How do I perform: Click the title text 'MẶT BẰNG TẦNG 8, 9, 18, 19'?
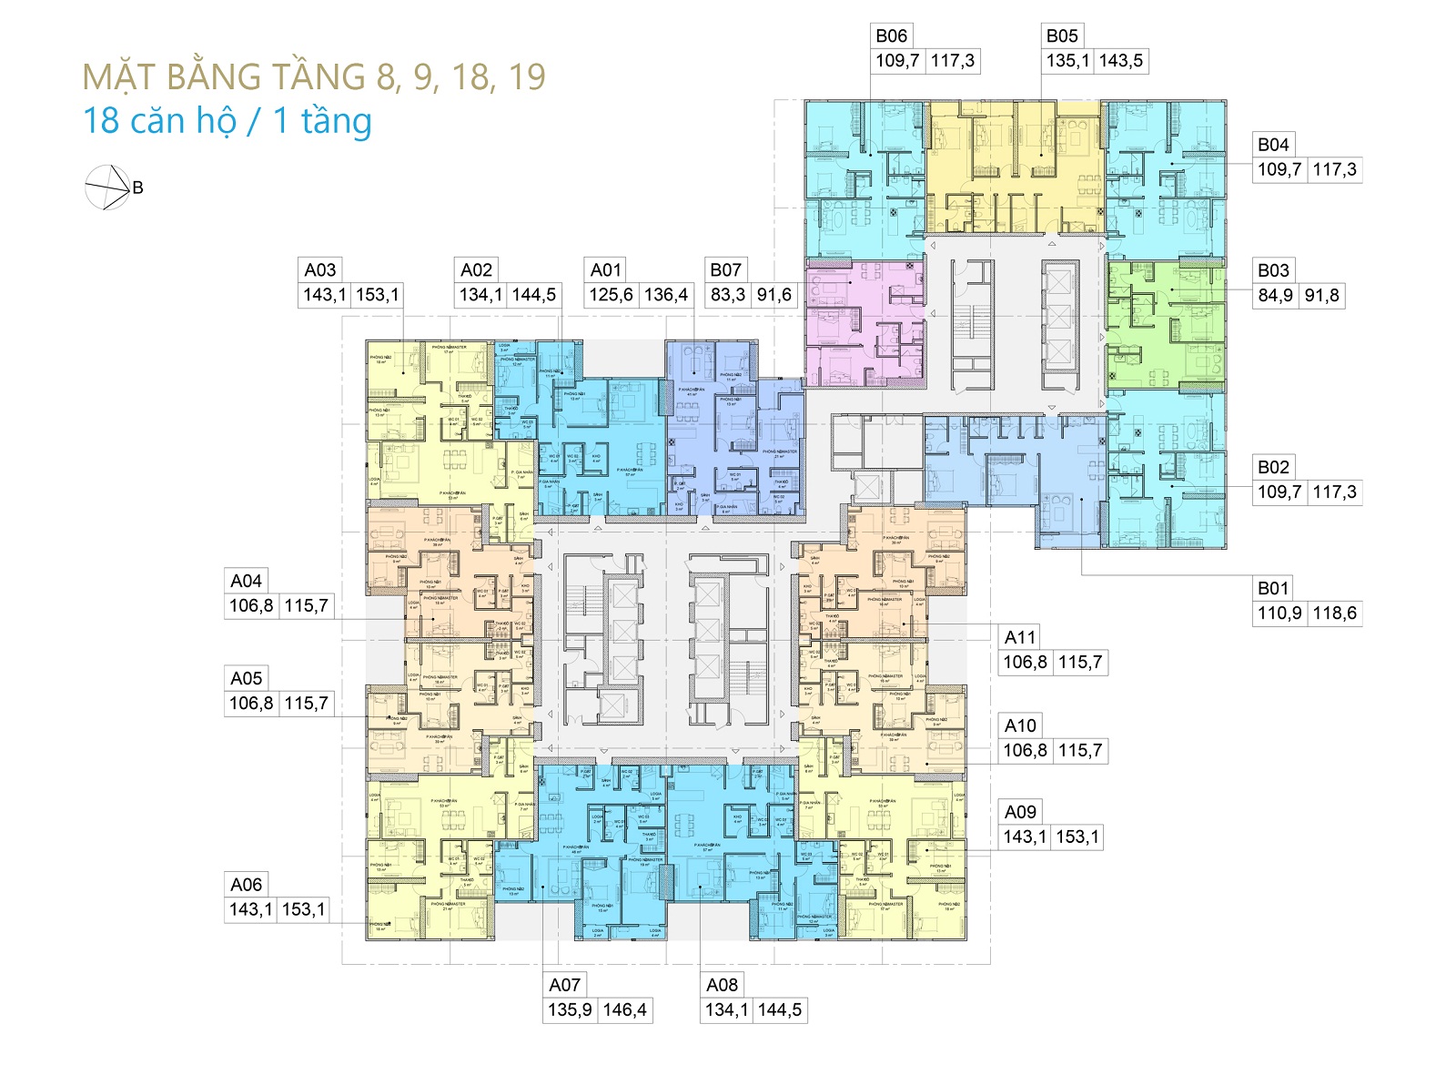click(x=314, y=77)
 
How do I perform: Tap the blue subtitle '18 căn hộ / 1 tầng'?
click(x=227, y=121)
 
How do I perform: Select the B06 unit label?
click(x=891, y=36)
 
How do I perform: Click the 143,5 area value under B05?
click(x=1120, y=61)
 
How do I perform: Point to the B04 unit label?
click(x=1273, y=145)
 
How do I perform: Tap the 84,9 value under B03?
click(x=1275, y=296)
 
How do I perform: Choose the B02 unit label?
click(x=1273, y=468)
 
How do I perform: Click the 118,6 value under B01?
click(x=1334, y=613)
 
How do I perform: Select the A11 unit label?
click(x=1020, y=638)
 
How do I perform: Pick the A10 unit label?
click(x=1020, y=726)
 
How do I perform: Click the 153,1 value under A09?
click(x=1077, y=837)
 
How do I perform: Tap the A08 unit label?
click(x=722, y=985)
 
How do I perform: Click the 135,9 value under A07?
click(x=570, y=1010)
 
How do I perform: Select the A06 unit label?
click(x=246, y=885)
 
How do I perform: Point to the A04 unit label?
click(x=246, y=582)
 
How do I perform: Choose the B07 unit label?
click(x=725, y=270)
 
